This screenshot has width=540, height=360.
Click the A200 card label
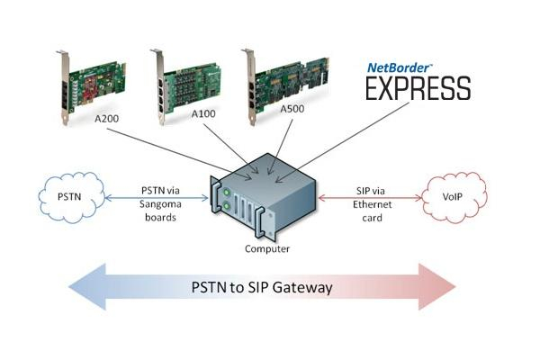pyautogui.click(x=107, y=119)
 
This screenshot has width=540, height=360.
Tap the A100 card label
pyautogui.click(x=203, y=113)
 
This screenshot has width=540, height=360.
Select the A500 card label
pyautogui.click(x=292, y=109)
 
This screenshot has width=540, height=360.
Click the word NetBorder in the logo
pyautogui.click(x=399, y=67)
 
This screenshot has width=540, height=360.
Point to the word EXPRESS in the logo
pyautogui.click(x=418, y=88)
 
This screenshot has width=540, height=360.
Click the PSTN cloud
pyautogui.click(x=71, y=197)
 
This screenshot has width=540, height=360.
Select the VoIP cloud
pyautogui.click(x=454, y=197)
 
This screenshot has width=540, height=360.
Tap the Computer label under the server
pyautogui.click(x=267, y=248)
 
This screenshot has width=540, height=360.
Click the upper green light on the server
pyautogui.click(x=227, y=193)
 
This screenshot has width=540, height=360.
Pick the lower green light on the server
pyautogui.click(x=227, y=206)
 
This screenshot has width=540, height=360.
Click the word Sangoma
pyautogui.click(x=160, y=204)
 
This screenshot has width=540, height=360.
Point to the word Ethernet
pyautogui.click(x=373, y=204)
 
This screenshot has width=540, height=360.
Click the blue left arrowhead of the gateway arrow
pyautogui.click(x=87, y=286)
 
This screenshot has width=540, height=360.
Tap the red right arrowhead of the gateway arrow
pyautogui.click(x=437, y=286)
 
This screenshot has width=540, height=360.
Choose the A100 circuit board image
pyautogui.click(x=185, y=86)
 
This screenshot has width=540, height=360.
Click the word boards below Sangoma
pyautogui.click(x=160, y=218)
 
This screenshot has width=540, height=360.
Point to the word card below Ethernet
pyautogui.click(x=372, y=218)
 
